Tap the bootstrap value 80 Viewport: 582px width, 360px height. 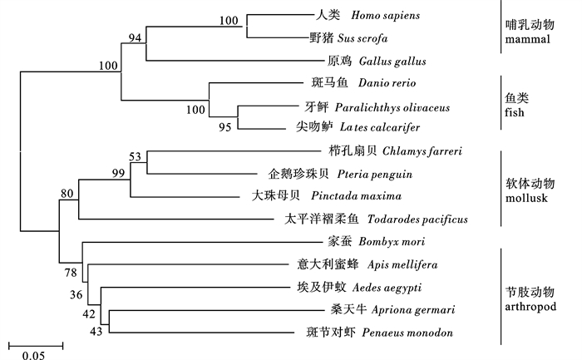point(67,194)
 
